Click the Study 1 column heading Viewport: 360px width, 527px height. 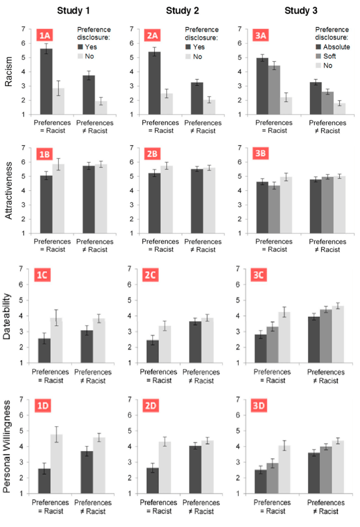coord(74,11)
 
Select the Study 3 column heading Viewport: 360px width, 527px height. coord(302,11)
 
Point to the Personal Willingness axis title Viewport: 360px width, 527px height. coord(8,446)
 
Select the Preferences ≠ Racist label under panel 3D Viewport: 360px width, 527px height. coord(326,507)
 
